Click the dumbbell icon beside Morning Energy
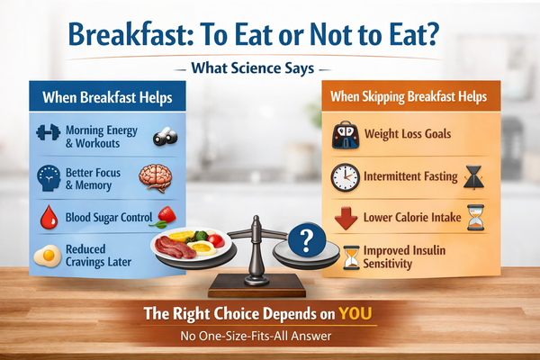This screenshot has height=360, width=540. [x=46, y=134]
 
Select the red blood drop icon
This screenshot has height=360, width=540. [x=47, y=217]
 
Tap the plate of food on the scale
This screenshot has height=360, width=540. [x=185, y=246]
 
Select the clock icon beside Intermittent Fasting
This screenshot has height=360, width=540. [x=345, y=176]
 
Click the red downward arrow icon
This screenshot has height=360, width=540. [x=344, y=219]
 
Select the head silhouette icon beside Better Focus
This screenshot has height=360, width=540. [x=47, y=176]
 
